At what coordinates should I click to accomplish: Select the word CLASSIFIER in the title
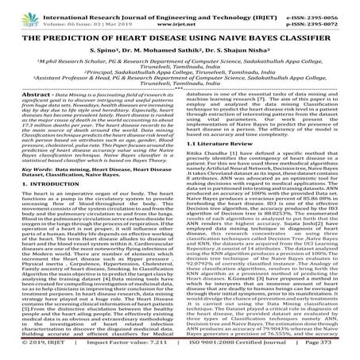(x=311, y=37)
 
